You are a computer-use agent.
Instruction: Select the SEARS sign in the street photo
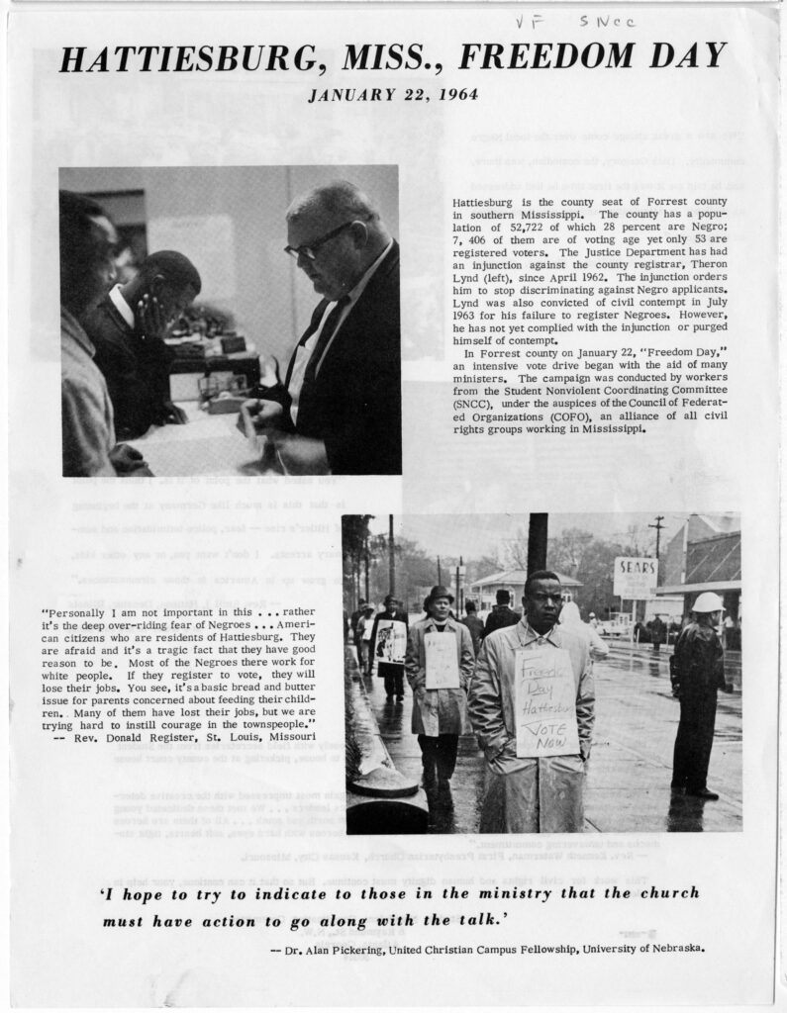[x=635, y=571]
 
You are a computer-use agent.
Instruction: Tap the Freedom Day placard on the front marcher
[x=545, y=703]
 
